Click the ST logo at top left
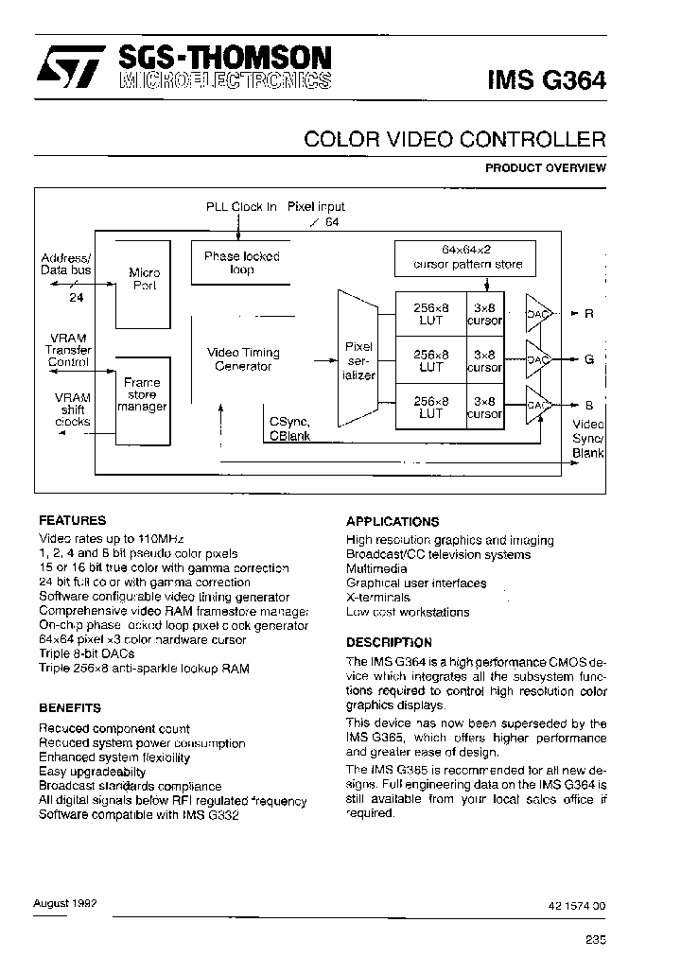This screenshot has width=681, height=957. click(x=65, y=70)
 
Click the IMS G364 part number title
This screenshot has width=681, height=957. click(x=547, y=79)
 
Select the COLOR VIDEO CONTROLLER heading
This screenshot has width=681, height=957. click(x=454, y=140)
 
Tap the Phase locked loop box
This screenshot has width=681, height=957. click(x=241, y=263)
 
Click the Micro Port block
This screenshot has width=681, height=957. click(x=144, y=279)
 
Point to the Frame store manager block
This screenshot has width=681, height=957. click(x=142, y=395)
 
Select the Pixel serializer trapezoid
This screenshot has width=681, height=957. click(x=358, y=360)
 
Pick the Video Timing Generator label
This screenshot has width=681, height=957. click(x=243, y=359)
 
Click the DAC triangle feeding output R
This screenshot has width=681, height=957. click(x=537, y=313)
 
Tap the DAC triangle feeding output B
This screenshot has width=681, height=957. click(x=537, y=406)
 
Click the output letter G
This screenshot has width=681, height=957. click(x=589, y=359)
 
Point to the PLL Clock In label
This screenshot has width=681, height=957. click(x=241, y=206)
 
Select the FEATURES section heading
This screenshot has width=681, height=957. click(x=72, y=520)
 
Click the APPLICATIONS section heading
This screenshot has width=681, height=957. click(x=393, y=521)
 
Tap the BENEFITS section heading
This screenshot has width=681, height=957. click(x=69, y=707)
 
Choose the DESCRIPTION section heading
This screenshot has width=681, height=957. click(x=389, y=642)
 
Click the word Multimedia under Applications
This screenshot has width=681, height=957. click(x=376, y=569)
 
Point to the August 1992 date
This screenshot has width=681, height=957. click(x=65, y=903)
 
